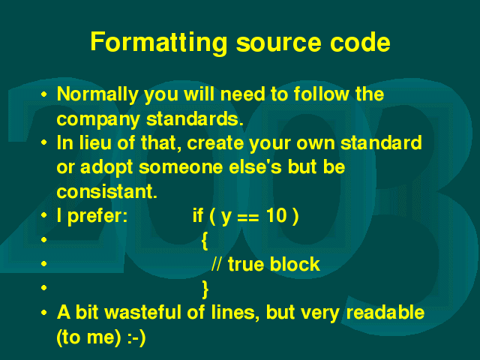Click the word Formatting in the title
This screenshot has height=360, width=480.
[x=159, y=43]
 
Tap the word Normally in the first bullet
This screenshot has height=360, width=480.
[x=97, y=94]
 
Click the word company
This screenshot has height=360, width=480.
[x=98, y=120]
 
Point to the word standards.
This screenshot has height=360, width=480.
[x=195, y=118]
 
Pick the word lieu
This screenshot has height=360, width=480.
[x=95, y=142]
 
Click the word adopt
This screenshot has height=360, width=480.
[x=106, y=168]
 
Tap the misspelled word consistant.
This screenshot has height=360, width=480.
[x=106, y=192]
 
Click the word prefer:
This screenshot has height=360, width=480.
[x=97, y=216]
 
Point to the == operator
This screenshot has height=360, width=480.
[x=248, y=217]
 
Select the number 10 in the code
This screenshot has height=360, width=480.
[x=277, y=215]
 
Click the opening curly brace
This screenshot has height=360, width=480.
[x=205, y=241]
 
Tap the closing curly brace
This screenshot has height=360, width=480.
[x=205, y=289]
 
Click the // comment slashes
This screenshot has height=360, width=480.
[x=216, y=264]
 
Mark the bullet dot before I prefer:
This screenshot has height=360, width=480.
[x=44, y=215]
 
